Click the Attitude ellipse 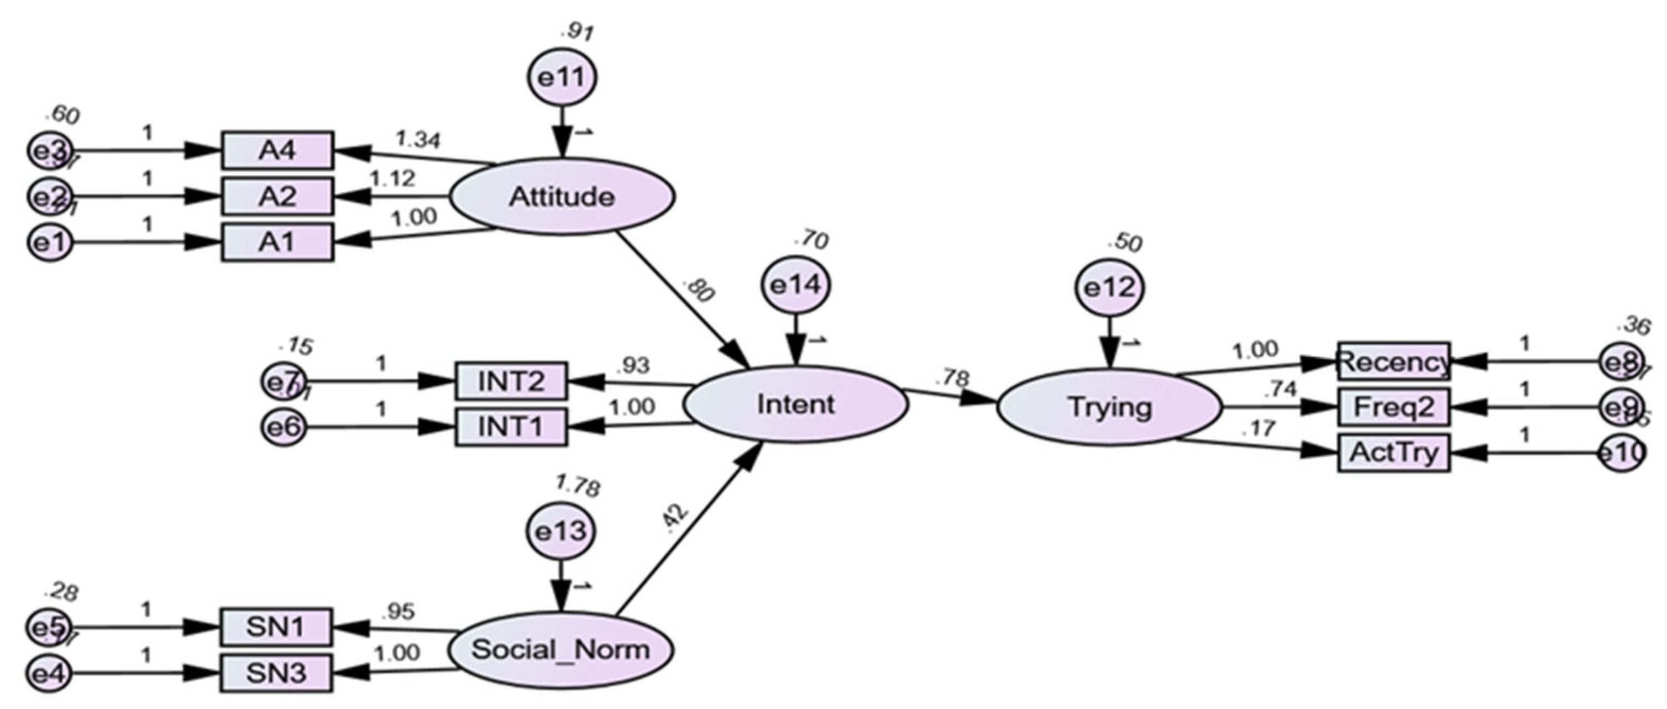click(562, 196)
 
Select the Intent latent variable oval click(795, 405)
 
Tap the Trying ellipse click(1109, 407)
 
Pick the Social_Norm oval click(560, 649)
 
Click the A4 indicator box click(277, 150)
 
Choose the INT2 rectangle click(511, 381)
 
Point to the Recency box click(1393, 361)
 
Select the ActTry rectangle click(1393, 453)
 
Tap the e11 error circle click(562, 77)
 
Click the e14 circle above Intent click(796, 285)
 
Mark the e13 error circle click(560, 531)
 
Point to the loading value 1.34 click(417, 139)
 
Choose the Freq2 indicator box click(1393, 407)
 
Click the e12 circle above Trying click(1109, 287)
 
